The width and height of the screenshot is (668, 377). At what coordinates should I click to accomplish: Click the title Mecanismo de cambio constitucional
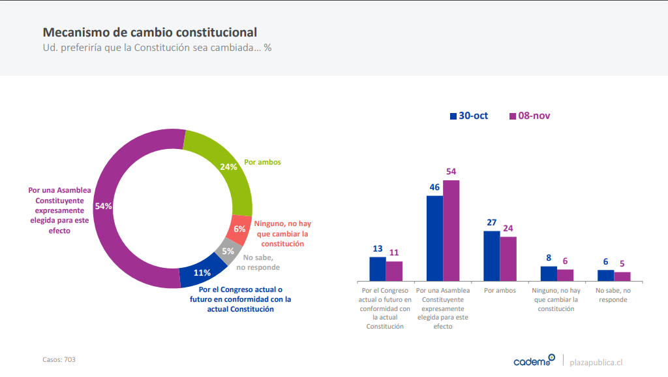coord(149,32)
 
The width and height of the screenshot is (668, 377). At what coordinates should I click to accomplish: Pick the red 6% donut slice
coord(240,229)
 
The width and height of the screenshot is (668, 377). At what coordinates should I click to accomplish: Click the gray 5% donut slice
coord(227,252)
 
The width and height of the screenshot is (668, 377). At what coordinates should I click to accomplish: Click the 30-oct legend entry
coord(468,116)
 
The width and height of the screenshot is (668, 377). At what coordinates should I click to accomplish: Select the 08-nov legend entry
coord(529,116)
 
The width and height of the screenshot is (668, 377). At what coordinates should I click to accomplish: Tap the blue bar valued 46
coord(434,238)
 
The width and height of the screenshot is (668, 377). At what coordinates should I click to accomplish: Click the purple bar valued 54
coord(451,231)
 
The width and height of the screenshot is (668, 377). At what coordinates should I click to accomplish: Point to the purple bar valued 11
coord(394,271)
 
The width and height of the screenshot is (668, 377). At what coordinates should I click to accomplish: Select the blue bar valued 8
coord(549,274)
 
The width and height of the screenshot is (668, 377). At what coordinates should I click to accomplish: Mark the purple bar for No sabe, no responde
coord(622,276)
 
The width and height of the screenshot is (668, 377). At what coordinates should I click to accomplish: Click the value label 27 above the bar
coord(492,222)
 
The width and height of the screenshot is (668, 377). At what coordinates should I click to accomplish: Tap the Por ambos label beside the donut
coord(262,162)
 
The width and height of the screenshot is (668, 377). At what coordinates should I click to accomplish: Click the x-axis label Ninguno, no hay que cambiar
coord(556,299)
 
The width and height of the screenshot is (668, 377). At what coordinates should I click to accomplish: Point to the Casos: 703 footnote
coord(59,359)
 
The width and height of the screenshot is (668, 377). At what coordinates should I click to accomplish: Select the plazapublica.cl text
coord(596,362)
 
